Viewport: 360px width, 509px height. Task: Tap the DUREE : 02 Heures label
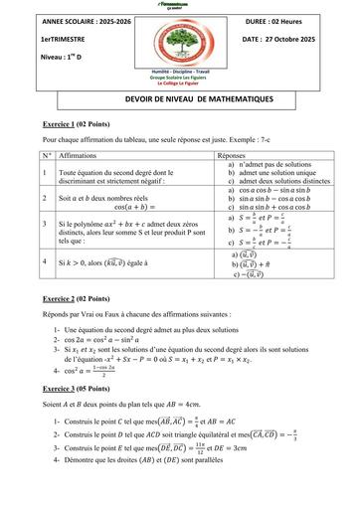click(271, 20)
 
